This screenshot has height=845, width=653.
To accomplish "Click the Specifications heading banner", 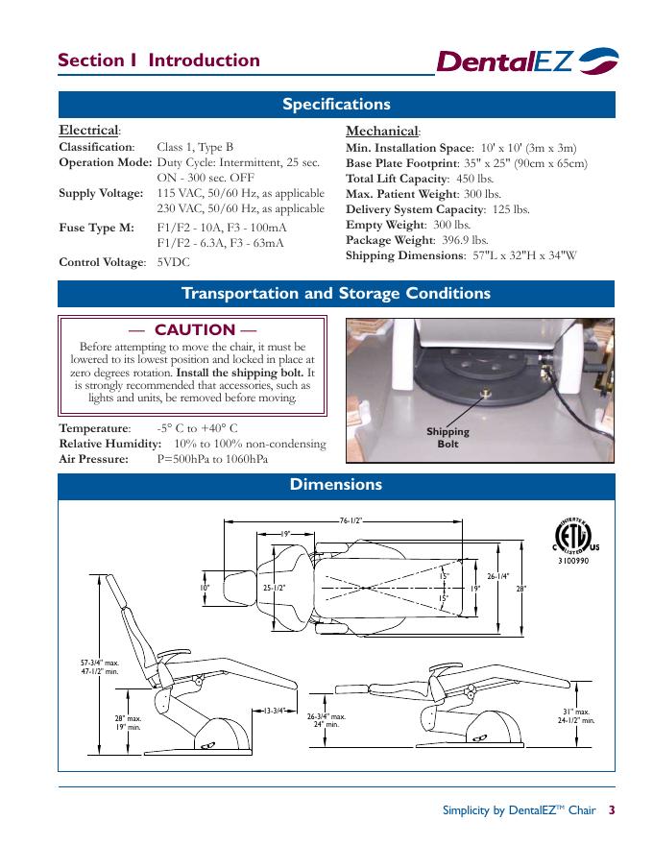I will (x=336, y=105).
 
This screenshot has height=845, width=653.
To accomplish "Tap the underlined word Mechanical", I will (x=381, y=131).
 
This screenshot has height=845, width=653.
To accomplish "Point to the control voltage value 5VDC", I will (x=175, y=261).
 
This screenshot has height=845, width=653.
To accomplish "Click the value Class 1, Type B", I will (x=195, y=147).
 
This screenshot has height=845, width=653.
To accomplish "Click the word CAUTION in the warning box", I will (x=194, y=329).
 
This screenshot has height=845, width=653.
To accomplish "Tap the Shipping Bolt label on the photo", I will (x=447, y=438).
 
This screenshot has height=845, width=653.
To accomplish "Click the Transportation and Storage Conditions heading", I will (x=336, y=294).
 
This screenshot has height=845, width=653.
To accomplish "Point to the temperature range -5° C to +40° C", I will (x=197, y=428).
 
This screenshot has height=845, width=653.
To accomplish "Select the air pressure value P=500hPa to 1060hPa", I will (x=212, y=459).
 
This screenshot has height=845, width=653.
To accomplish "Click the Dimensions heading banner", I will (x=336, y=485).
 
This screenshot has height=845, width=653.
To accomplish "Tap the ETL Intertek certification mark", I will (x=570, y=539).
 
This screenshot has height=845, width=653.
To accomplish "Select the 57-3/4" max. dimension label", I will (x=99, y=663).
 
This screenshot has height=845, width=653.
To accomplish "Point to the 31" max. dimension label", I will (x=575, y=712).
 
